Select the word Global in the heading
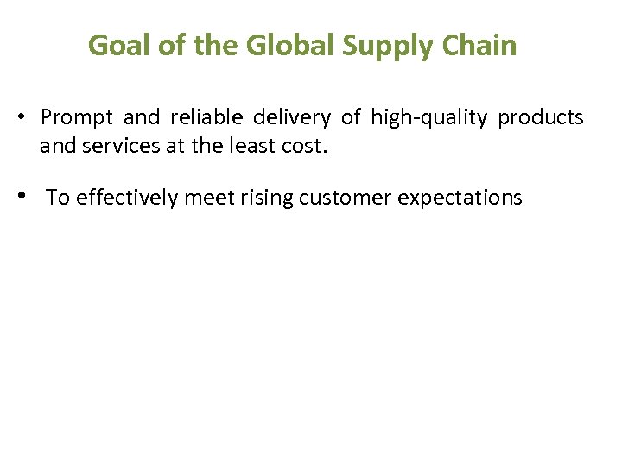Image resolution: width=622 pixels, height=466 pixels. [x=278, y=45]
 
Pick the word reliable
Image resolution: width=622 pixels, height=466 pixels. [x=206, y=117]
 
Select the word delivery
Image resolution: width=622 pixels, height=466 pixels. [x=292, y=117]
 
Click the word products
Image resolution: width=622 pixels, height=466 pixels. [x=541, y=117]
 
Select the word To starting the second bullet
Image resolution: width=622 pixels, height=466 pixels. [x=57, y=198]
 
